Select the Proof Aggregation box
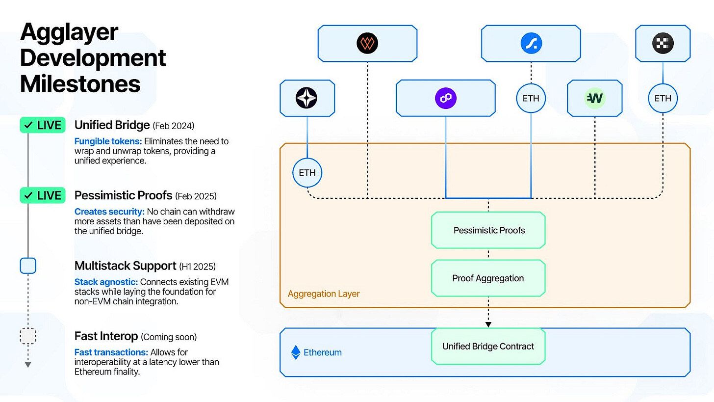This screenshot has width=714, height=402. tap(488, 278)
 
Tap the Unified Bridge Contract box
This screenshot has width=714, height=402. tap(488, 347)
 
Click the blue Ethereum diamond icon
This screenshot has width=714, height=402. tap(296, 352)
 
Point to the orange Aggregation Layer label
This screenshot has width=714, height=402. tap(324, 294)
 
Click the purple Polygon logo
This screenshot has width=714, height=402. tap(445, 98)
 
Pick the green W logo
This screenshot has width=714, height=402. tap(594, 98)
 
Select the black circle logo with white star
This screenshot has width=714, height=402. tap(306, 98)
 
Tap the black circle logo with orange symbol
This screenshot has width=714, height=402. tap(367, 44)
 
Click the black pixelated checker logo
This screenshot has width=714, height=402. tap(663, 44)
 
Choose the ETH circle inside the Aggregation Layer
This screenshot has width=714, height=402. tap(307, 173)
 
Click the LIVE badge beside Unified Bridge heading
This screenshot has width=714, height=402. tap(43, 125)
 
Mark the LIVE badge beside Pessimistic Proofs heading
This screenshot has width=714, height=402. tap(43, 195)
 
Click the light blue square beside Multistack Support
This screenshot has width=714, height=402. tap(28, 266)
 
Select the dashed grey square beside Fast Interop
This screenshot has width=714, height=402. tap(28, 336)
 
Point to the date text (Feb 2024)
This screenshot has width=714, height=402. tap(174, 126)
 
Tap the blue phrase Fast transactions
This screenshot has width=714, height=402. tap(111, 352)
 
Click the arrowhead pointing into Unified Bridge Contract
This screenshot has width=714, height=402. tap(488, 324)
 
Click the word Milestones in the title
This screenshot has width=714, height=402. tap(80, 84)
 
